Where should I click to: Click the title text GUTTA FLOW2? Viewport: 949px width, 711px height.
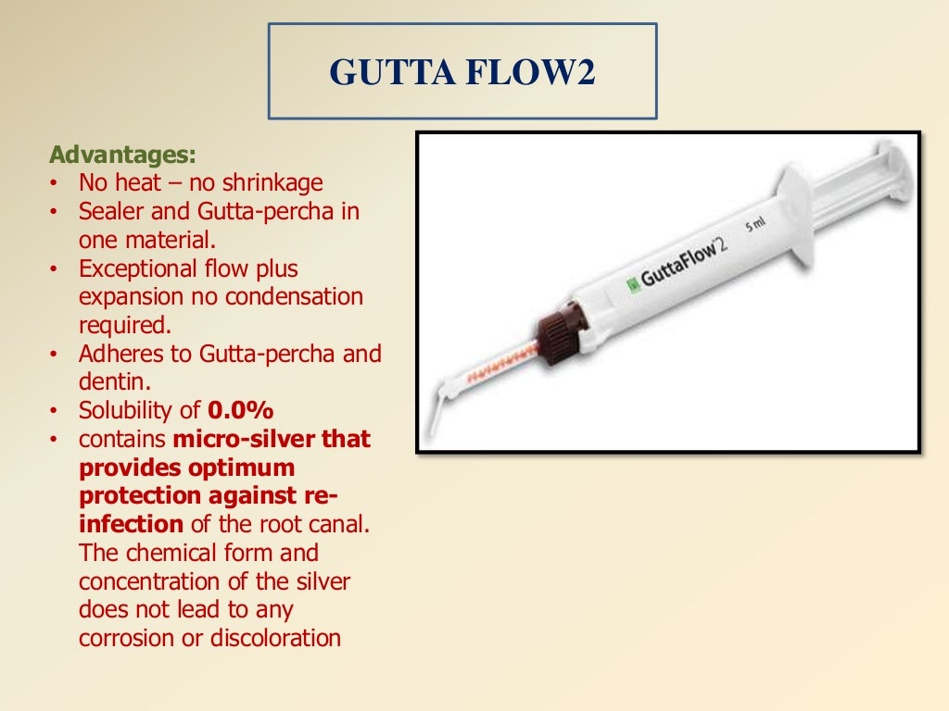click(x=462, y=73)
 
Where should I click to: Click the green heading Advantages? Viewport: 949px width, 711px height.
click(x=122, y=153)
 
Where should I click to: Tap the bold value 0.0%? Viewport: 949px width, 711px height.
click(x=240, y=410)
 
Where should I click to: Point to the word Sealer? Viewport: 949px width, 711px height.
click(x=109, y=211)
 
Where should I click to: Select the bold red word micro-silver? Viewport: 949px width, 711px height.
click(x=239, y=439)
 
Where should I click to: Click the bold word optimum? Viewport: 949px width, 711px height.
click(x=235, y=468)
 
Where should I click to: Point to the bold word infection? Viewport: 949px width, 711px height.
click(x=131, y=524)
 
